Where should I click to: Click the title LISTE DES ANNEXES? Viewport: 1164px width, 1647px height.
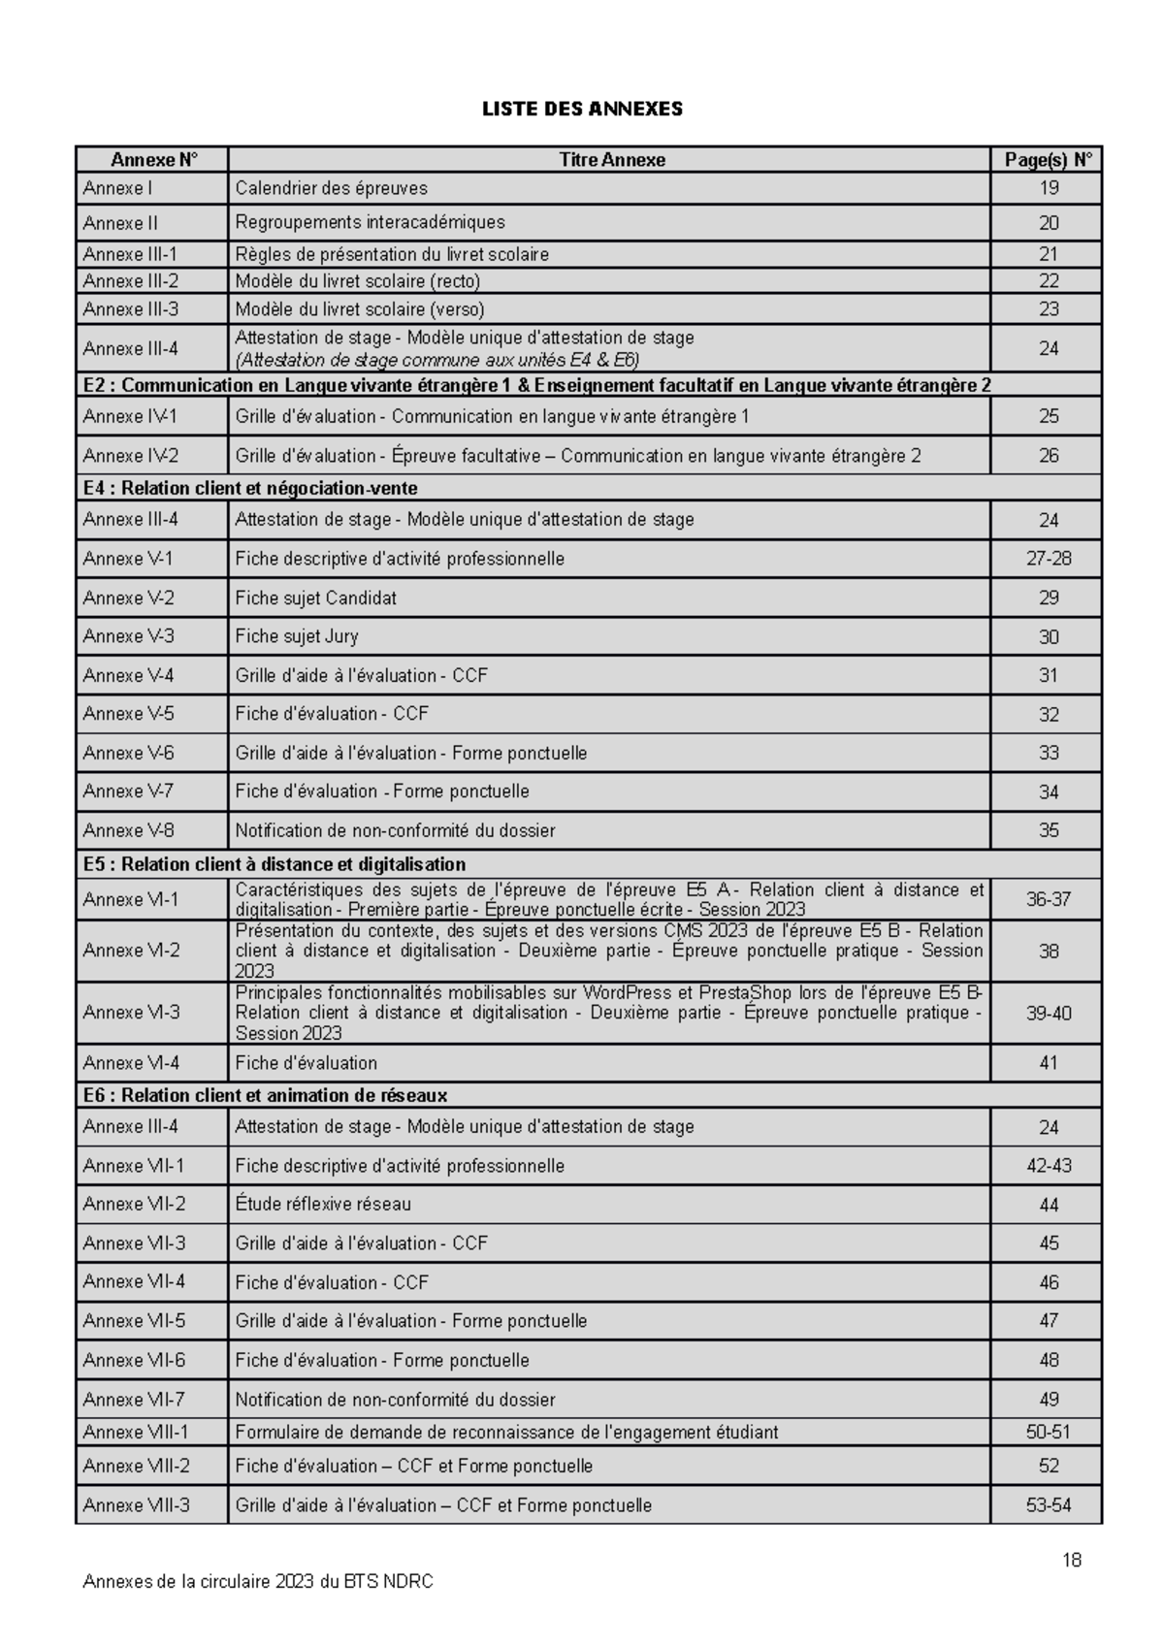click(582, 109)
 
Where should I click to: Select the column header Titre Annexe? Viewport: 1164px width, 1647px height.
click(611, 160)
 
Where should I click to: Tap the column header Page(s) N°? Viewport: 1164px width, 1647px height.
click(1048, 160)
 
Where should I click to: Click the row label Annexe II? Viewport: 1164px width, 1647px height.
click(120, 223)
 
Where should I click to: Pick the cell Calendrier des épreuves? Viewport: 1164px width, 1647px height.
click(331, 188)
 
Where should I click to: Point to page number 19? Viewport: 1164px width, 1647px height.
click(1049, 188)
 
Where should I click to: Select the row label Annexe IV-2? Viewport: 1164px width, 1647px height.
click(130, 456)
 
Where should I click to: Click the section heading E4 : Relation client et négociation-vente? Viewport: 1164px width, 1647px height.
click(250, 488)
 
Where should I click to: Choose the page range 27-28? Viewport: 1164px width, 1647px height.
click(1049, 559)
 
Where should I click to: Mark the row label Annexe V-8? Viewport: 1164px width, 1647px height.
click(129, 830)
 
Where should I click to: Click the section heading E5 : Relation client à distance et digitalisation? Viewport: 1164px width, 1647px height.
click(275, 864)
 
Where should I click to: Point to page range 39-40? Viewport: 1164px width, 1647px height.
click(1049, 1014)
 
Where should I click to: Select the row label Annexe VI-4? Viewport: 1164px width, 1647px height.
click(131, 1063)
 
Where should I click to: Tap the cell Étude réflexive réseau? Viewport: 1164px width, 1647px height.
click(323, 1205)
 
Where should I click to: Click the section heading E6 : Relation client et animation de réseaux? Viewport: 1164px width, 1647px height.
click(265, 1095)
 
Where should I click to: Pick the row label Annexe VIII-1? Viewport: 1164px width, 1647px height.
click(136, 1432)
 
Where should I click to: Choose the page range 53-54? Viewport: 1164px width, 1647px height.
click(1049, 1505)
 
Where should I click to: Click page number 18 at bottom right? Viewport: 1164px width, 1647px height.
click(1072, 1560)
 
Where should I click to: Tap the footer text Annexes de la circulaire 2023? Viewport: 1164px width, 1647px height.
click(258, 1582)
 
